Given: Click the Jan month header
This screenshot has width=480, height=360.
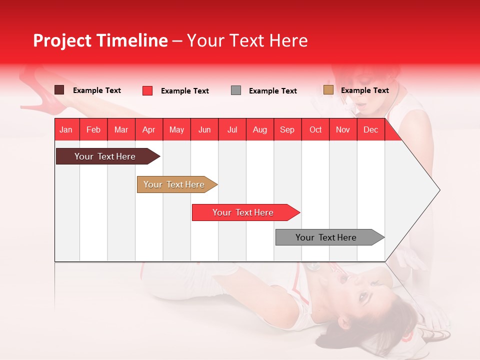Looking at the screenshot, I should click(x=66, y=129).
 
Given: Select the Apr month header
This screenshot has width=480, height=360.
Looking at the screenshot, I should click(x=148, y=129).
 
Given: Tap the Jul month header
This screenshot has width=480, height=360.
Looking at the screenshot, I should click(x=232, y=129).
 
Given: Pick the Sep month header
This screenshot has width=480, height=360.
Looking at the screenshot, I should click(x=287, y=129).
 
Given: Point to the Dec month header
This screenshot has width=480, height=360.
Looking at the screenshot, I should click(x=370, y=129).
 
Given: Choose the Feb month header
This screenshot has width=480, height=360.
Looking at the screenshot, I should click(x=93, y=129).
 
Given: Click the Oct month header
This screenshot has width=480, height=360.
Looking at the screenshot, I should click(x=315, y=129).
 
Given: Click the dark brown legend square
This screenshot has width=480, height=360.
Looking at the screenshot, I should click(x=59, y=90).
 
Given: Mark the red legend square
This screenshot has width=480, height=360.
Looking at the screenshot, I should click(x=147, y=90).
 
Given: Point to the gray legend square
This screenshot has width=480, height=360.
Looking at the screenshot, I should click(x=236, y=90).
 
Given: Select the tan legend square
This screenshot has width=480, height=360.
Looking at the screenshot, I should click(x=328, y=90).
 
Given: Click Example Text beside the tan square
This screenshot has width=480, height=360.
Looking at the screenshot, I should click(x=364, y=90).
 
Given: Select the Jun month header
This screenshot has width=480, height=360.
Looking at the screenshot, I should click(x=204, y=129).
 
